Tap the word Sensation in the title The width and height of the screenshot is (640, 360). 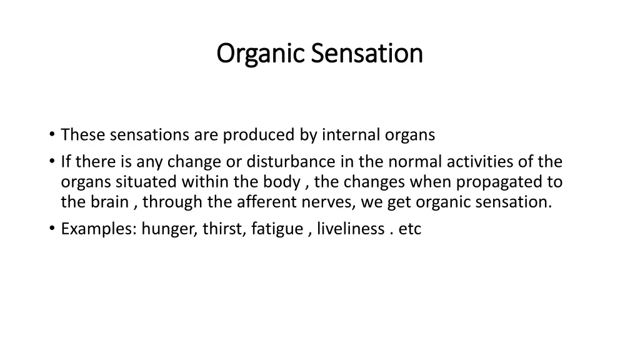point(367,54)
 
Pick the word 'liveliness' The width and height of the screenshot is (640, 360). point(350,229)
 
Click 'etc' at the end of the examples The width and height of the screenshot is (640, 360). point(410,229)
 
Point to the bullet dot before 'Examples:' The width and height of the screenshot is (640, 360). point(51,229)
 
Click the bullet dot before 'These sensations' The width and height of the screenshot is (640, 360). point(51,134)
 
